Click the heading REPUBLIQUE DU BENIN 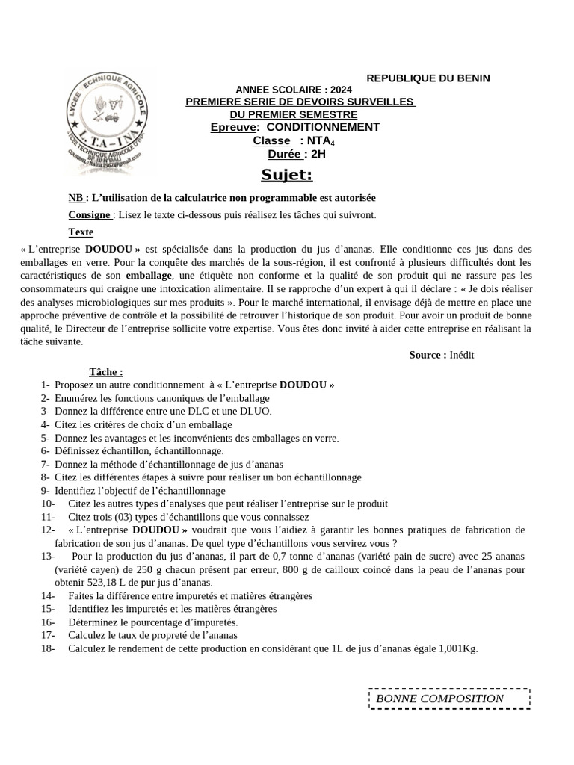coord(428,78)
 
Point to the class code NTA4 coord(317,141)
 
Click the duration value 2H coord(318,155)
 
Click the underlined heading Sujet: coord(286,176)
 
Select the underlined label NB coord(75,198)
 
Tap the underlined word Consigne coord(90,215)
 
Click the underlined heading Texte coord(81,232)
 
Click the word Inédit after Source coord(462,355)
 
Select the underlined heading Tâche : coord(106,372)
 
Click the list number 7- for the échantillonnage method coord(46,464)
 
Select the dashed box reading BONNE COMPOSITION coord(449,699)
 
